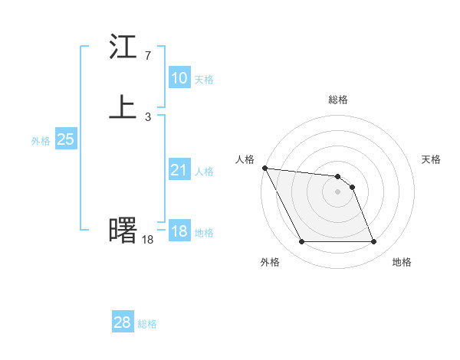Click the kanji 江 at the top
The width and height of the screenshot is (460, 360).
click(x=123, y=47)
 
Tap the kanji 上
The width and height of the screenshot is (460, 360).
click(x=123, y=108)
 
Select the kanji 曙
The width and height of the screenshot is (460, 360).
click(x=123, y=230)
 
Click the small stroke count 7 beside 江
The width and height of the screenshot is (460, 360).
click(x=147, y=56)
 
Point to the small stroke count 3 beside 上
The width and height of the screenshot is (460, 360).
click(x=147, y=117)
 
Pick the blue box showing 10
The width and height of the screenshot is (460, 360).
click(x=179, y=78)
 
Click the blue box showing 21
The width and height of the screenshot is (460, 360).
click(x=179, y=170)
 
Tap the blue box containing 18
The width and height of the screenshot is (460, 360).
click(x=179, y=231)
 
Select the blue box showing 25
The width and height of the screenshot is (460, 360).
click(x=66, y=139)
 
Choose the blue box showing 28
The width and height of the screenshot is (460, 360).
click(x=123, y=322)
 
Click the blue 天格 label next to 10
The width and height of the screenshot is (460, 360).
click(x=204, y=80)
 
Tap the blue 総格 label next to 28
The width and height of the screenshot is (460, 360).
click(x=147, y=324)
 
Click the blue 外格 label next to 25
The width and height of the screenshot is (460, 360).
click(x=41, y=141)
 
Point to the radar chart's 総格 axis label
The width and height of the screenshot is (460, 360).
click(x=338, y=100)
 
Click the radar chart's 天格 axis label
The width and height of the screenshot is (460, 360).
click(x=432, y=159)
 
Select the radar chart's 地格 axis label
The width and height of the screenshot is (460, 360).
click(x=402, y=262)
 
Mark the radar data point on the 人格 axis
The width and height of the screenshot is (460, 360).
click(x=264, y=168)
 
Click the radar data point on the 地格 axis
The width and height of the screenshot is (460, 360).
click(x=374, y=242)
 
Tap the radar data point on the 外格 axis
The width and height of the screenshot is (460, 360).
click(x=301, y=242)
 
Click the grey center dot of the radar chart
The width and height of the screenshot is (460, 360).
click(x=338, y=191)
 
